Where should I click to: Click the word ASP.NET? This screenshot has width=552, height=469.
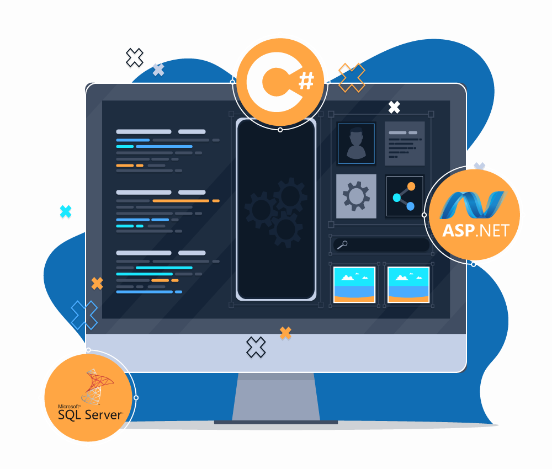pos(475,230)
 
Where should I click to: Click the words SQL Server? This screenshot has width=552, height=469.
pos(89,414)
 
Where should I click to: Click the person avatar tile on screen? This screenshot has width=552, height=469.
pos(356,143)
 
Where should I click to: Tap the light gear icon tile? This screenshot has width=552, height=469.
pos(356,196)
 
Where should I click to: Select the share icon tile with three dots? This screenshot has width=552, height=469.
pos(405,196)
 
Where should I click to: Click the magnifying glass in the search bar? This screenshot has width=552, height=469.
pos(342,244)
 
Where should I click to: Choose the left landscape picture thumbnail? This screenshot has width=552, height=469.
pos(354,285)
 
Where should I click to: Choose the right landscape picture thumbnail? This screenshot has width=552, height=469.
pos(408,285)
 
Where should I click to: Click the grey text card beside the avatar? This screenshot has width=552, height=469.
pos(405,143)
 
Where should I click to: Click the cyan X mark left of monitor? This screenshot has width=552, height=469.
pos(66,211)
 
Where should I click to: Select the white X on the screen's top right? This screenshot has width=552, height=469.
pos(394,107)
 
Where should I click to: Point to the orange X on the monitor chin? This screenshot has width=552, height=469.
pos(285,333)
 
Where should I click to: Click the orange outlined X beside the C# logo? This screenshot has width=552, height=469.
pos(352,77)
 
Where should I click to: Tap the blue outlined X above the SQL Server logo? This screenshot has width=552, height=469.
pos(84,315)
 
